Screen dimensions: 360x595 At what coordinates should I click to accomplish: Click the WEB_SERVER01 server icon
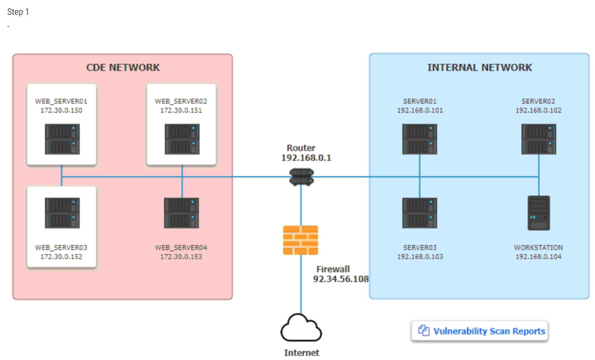pyautogui.click(x=62, y=139)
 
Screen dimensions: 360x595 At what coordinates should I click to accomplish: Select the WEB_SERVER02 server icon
pyautogui.click(x=182, y=139)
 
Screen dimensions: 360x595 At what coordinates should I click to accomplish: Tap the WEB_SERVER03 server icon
pyautogui.click(x=62, y=213)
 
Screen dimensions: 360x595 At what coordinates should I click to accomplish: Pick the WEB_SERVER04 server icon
pyautogui.click(x=182, y=213)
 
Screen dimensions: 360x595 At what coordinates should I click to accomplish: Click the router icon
pyautogui.click(x=301, y=177)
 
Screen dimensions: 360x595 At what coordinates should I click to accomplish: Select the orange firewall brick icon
pyautogui.click(x=300, y=240)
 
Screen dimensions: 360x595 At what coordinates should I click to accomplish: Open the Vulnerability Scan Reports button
pyautogui.click(x=479, y=331)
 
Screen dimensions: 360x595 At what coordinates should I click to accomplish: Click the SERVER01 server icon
pyautogui.click(x=420, y=140)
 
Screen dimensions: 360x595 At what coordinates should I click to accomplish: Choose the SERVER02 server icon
pyautogui.click(x=538, y=140)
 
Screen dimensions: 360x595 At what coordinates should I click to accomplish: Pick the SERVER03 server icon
pyautogui.click(x=420, y=213)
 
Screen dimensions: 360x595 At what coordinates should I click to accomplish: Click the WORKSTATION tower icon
pyautogui.click(x=538, y=213)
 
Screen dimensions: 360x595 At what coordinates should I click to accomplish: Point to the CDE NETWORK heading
pyautogui.click(x=123, y=67)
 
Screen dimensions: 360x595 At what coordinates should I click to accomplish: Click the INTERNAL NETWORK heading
pyautogui.click(x=479, y=67)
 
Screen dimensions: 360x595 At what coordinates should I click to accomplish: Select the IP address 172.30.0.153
pyautogui.click(x=181, y=257)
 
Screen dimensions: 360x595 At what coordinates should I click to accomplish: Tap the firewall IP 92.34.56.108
pyautogui.click(x=341, y=279)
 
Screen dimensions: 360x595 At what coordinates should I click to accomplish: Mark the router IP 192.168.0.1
pyautogui.click(x=306, y=158)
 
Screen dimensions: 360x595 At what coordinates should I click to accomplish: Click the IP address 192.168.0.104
pyautogui.click(x=538, y=257)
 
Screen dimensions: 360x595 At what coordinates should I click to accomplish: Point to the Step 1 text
pyautogui.click(x=18, y=12)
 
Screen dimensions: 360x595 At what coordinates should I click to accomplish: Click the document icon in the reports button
pyautogui.click(x=424, y=331)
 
